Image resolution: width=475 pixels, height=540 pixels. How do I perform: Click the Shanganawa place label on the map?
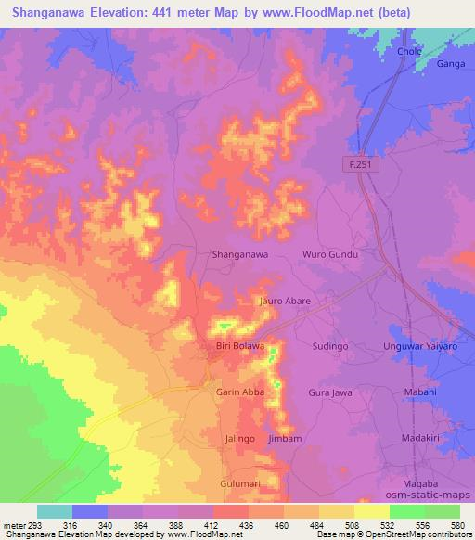(x=240, y=253)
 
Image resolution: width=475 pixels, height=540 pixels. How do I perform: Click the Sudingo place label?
(x=329, y=346)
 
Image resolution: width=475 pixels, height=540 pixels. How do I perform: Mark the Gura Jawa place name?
(x=329, y=392)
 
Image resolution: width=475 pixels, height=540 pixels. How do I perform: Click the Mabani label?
(x=420, y=392)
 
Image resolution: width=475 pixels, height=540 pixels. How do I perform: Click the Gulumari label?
(x=240, y=484)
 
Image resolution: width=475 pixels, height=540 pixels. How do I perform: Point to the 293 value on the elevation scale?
(x=28, y=525)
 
